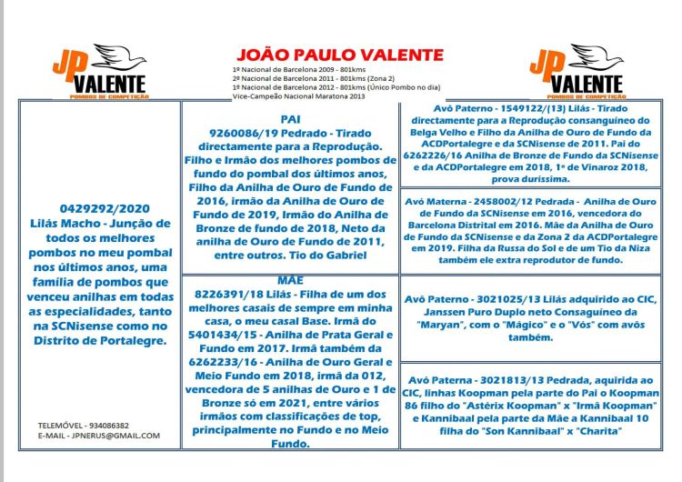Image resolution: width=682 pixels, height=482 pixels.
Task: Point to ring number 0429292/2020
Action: [x=95, y=206]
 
